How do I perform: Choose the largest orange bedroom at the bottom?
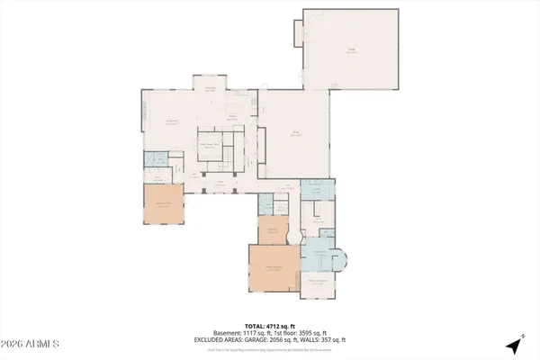(274, 269)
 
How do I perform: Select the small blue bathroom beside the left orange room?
(155, 163)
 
